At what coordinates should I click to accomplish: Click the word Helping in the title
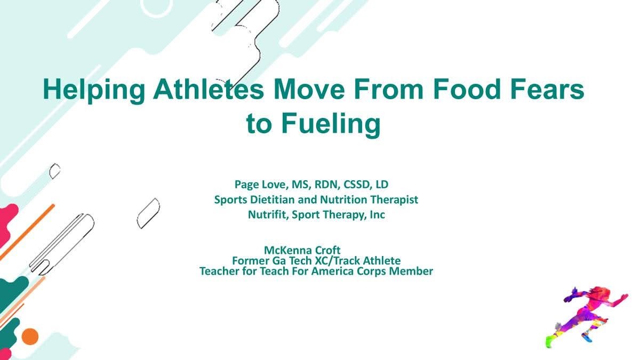(x=94, y=91)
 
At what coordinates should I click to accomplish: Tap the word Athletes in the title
(x=209, y=89)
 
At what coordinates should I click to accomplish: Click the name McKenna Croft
(x=302, y=250)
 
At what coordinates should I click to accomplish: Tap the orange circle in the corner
(x=30, y=337)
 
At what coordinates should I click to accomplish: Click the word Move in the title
(x=309, y=89)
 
